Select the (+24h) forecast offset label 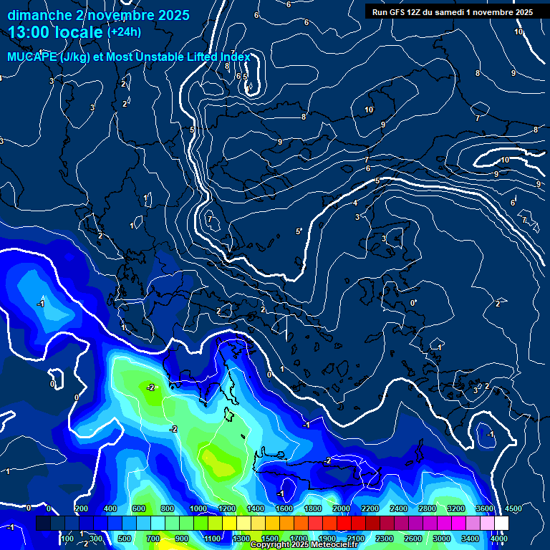click(124, 32)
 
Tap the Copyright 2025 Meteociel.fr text click(304, 545)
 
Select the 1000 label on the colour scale click(198, 508)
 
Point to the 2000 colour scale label click(342, 508)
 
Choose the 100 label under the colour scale click(67, 539)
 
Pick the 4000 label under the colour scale click(500, 539)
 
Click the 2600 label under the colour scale click(413, 539)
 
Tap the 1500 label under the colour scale click(269, 539)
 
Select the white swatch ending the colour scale click(501, 524)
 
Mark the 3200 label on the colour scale click(456, 508)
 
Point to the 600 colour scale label click(139, 508)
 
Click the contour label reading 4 click(355, 203)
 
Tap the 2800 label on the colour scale click(428, 508)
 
